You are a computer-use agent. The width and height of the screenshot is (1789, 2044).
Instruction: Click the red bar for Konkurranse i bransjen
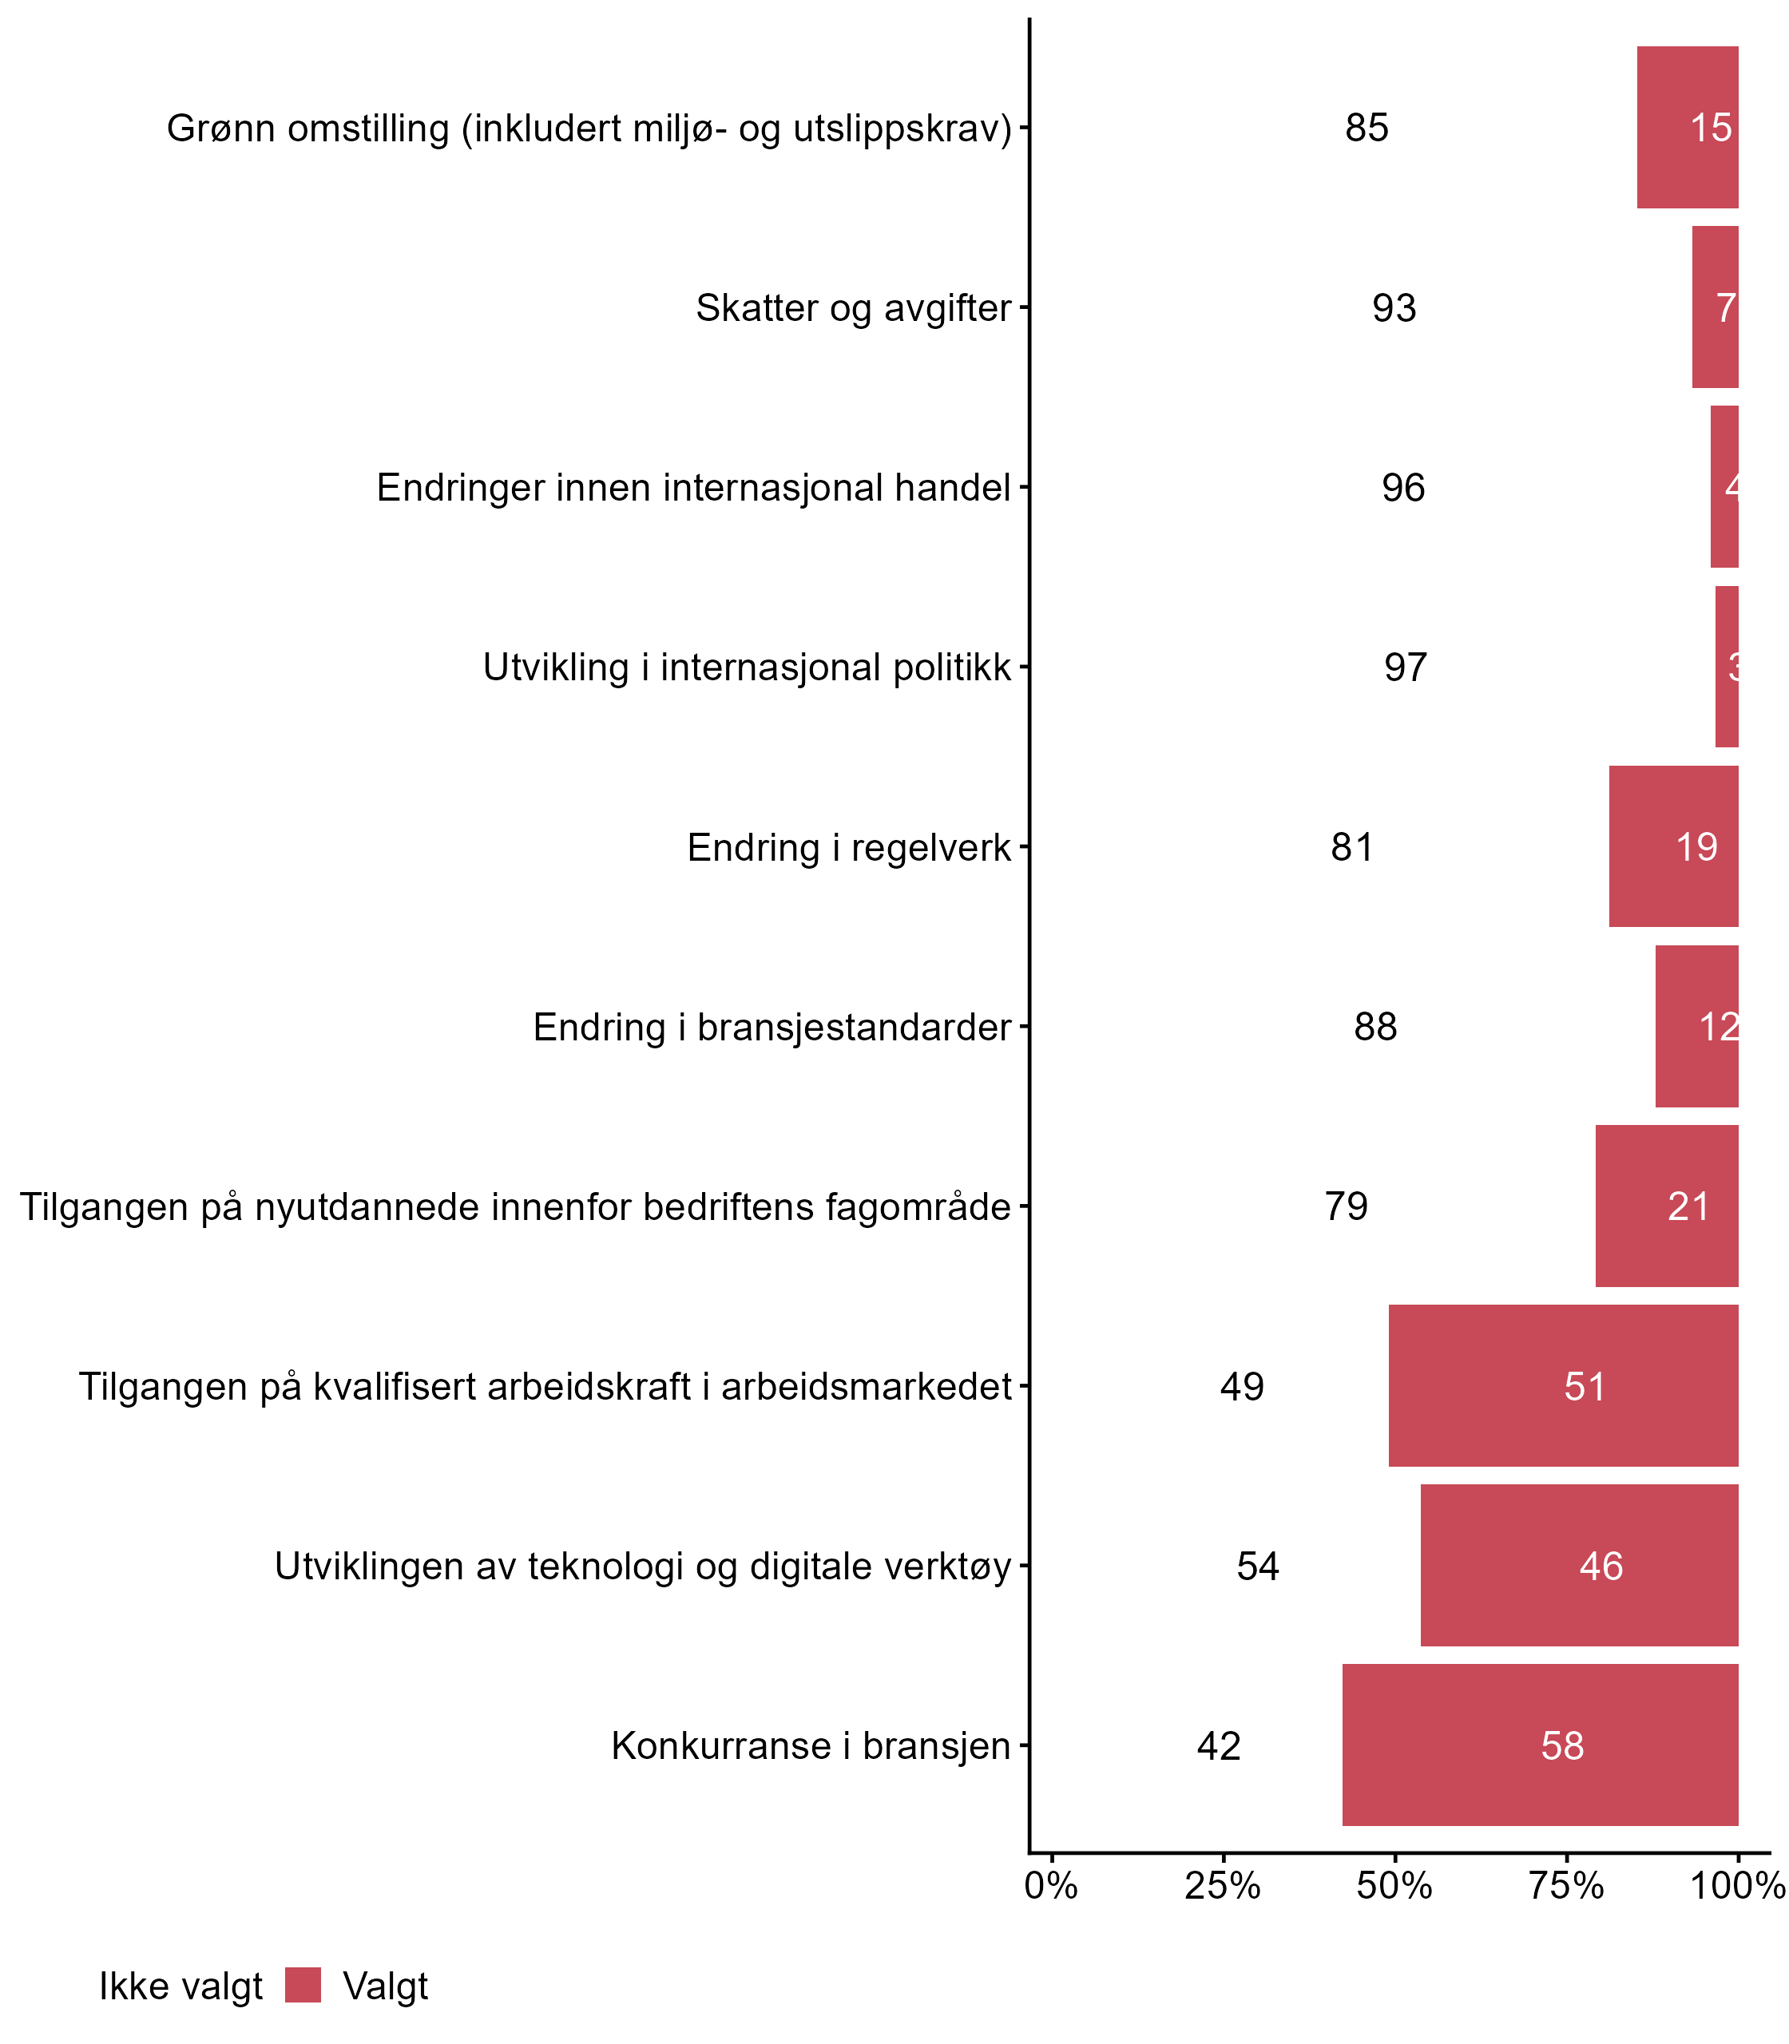[1540, 1745]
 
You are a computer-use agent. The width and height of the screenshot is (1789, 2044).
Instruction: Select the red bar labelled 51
[1564, 1385]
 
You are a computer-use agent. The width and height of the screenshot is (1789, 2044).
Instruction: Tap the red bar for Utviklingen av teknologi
[1580, 1565]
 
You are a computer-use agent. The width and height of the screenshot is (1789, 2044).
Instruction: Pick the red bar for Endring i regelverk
[1673, 846]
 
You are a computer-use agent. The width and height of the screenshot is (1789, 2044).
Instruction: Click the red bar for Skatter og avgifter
[1716, 307]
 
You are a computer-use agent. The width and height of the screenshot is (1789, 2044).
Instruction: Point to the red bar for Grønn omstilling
[1687, 128]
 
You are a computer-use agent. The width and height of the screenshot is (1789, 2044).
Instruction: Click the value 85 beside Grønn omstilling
[1367, 128]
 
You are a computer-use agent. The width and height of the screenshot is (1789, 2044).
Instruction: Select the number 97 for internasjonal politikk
[1406, 667]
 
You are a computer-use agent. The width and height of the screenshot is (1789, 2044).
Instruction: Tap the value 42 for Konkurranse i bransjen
[1219, 1745]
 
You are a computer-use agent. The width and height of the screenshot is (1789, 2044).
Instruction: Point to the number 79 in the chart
[1347, 1206]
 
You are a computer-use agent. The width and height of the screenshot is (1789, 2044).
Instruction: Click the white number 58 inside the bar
[1562, 1745]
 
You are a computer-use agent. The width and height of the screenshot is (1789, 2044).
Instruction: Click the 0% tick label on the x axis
[1051, 1886]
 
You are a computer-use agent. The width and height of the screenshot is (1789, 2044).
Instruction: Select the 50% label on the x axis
[1394, 1886]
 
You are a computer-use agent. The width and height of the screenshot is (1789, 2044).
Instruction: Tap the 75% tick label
[1566, 1886]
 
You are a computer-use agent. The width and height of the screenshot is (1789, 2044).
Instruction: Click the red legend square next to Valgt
[303, 1985]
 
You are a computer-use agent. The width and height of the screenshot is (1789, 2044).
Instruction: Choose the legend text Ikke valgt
[180, 1987]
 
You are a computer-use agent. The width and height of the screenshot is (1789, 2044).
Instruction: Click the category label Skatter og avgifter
[854, 307]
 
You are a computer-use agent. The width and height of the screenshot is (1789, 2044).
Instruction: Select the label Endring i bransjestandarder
[772, 1027]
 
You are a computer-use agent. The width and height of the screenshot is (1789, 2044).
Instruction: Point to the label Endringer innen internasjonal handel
[694, 488]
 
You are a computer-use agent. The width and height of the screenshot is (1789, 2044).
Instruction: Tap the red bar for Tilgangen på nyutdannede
[1666, 1206]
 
